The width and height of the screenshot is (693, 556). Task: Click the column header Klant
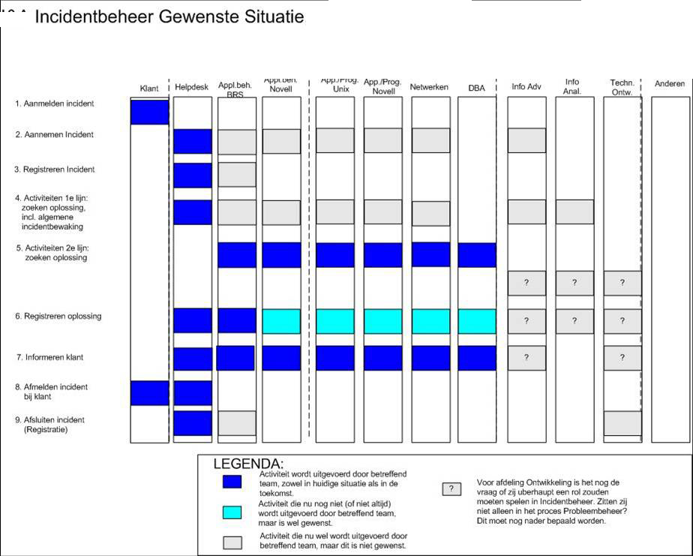149,88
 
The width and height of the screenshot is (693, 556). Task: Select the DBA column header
477,88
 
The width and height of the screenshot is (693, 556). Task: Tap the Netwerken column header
429,88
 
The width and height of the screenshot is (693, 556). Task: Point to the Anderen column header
670,84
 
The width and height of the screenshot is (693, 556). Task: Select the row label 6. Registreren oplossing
59,316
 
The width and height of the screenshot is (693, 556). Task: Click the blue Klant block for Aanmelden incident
149,111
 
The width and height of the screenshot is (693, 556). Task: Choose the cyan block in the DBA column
477,321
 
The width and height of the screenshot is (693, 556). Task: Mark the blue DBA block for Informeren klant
477,358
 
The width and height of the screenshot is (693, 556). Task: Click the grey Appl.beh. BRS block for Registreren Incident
237,174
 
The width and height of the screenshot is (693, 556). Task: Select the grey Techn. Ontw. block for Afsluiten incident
622,423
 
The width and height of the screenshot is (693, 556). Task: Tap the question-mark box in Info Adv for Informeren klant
526,358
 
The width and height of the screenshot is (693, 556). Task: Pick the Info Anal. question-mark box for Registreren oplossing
574,321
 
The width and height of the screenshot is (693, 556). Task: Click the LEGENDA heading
248,464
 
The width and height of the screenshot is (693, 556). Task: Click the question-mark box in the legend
451,488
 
